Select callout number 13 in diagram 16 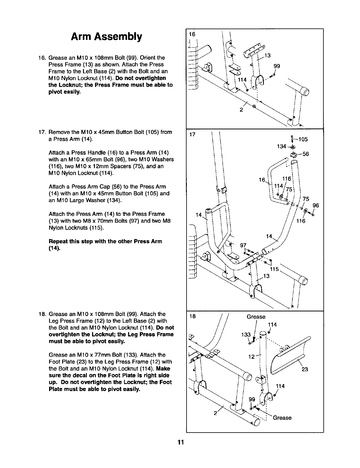point(267,55)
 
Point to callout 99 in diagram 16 point(277,66)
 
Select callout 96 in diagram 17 point(316,205)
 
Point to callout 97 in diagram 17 point(243,245)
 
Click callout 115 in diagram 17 point(274,269)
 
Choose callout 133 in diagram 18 point(246,335)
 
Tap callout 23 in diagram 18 point(305,369)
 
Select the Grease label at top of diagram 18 point(256,317)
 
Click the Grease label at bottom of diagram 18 point(282,418)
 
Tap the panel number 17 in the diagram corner point(192,135)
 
